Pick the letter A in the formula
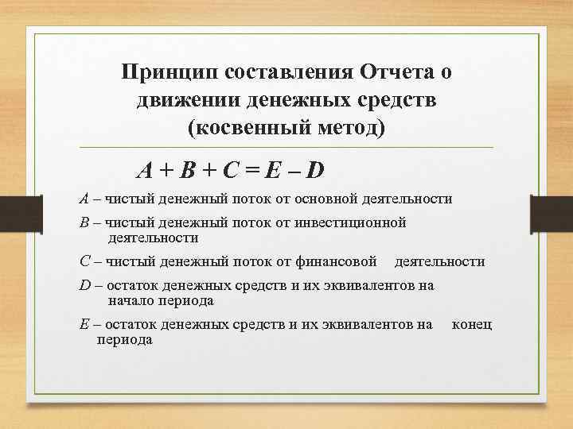tap(145, 170)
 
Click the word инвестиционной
tap(351, 222)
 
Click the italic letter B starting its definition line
tap(84, 222)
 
